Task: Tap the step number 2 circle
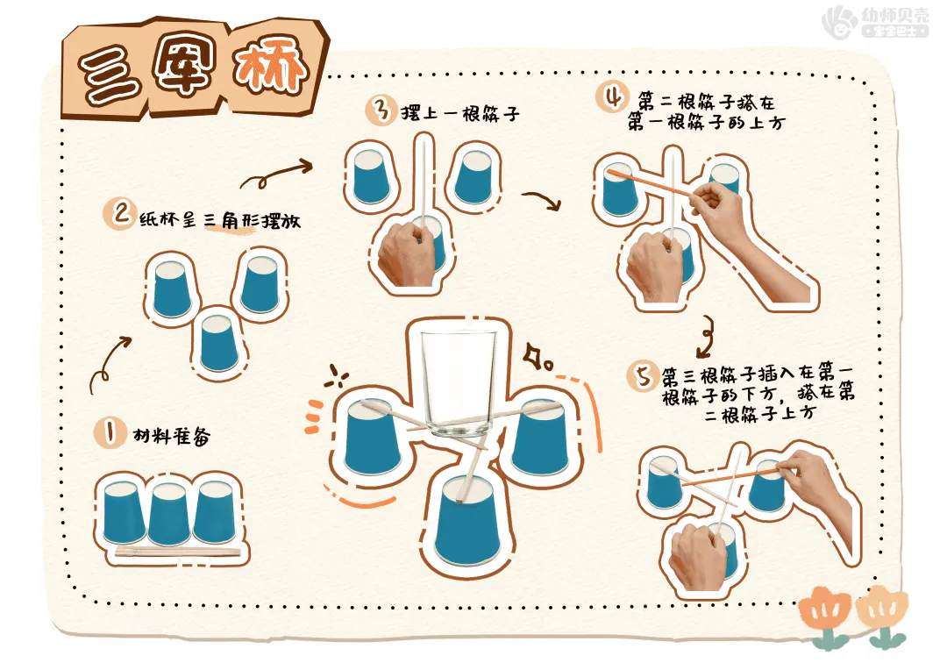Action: click(x=118, y=214)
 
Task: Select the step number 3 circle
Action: click(x=381, y=111)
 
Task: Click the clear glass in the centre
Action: click(x=456, y=383)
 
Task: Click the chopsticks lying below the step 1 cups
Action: click(x=177, y=552)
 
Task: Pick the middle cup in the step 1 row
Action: click(x=169, y=514)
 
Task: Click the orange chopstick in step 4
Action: click(x=652, y=184)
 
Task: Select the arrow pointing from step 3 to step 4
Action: click(x=541, y=201)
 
